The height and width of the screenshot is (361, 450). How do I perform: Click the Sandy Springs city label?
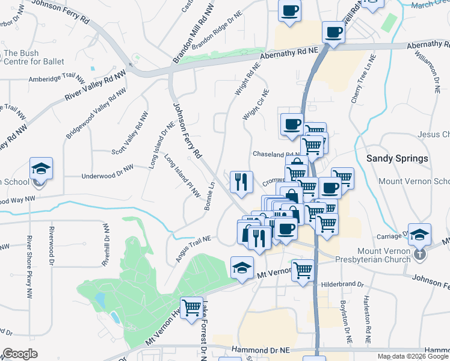(397, 159)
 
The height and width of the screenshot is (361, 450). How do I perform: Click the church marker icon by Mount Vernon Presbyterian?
(420, 255)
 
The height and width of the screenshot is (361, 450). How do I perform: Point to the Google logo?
(20, 354)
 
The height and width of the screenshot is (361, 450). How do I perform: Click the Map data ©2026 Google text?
(413, 356)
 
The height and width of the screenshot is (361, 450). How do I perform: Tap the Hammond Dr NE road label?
(261, 349)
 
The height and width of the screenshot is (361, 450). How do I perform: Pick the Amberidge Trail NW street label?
(57, 78)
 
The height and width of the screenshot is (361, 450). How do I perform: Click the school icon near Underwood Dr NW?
(41, 168)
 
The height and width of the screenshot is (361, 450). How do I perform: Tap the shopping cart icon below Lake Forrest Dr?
(191, 307)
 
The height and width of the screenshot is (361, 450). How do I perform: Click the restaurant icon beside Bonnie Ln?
(241, 182)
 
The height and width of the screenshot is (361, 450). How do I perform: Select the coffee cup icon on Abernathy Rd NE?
(332, 32)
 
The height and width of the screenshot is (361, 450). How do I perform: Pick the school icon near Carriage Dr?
(421, 235)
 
